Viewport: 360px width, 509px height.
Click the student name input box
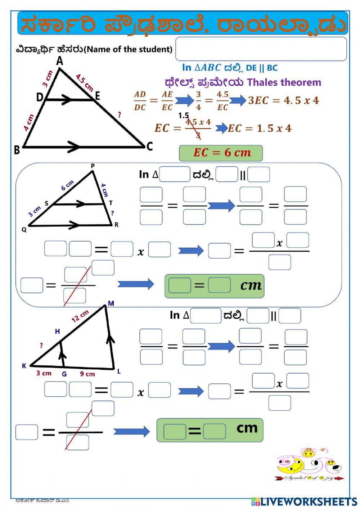point(261,49)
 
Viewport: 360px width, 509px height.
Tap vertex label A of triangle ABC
point(60,62)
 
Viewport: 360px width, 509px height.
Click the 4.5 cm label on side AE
point(85,82)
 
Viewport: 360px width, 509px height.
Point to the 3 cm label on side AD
point(47,79)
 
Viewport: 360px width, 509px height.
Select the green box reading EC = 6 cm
point(221,153)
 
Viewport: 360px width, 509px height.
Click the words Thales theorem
point(284,82)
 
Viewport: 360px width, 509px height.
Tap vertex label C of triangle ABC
point(150,147)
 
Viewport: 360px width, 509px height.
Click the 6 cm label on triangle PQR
point(67,185)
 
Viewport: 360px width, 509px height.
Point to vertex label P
point(93,166)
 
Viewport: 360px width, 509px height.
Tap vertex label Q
point(24,230)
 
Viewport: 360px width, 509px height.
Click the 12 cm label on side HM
point(80,316)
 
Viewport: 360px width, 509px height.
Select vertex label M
point(111,303)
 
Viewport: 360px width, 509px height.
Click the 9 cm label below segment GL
point(87,374)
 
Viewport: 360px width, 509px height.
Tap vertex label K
point(24,366)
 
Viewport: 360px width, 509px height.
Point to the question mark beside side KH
point(41,346)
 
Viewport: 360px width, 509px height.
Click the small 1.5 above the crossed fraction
point(183,116)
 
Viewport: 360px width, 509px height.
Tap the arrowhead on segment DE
point(67,100)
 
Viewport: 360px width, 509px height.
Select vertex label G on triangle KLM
point(64,374)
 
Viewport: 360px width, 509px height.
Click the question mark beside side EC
point(119,115)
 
